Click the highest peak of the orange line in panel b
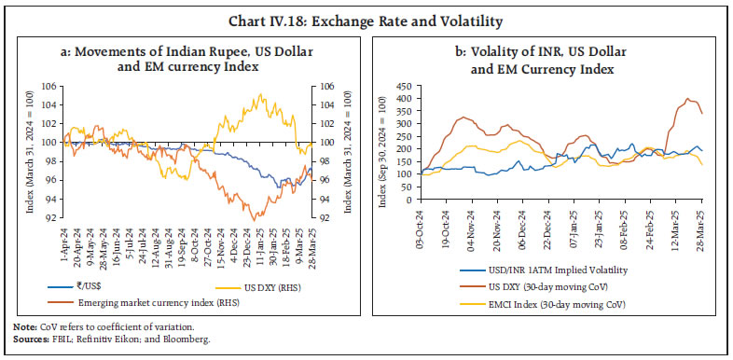coord(688,99)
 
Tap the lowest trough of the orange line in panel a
coord(255,220)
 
